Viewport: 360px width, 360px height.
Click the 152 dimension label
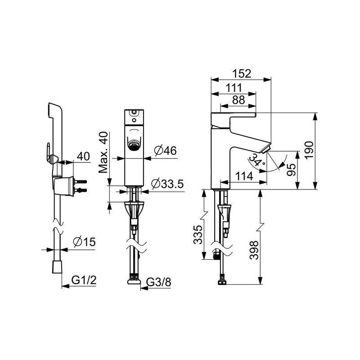tap(242, 73)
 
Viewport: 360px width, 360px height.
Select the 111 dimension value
tap(234, 88)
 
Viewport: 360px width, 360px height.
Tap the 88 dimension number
tap(238, 100)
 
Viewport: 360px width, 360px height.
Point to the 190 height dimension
tap(309, 150)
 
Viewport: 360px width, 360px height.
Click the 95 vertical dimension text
tap(291, 170)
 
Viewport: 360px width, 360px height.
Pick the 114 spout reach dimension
tap(244, 176)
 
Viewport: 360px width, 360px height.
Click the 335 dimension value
tap(198, 234)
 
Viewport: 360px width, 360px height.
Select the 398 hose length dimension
tap(254, 250)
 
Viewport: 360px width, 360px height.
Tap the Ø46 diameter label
tap(165, 150)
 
